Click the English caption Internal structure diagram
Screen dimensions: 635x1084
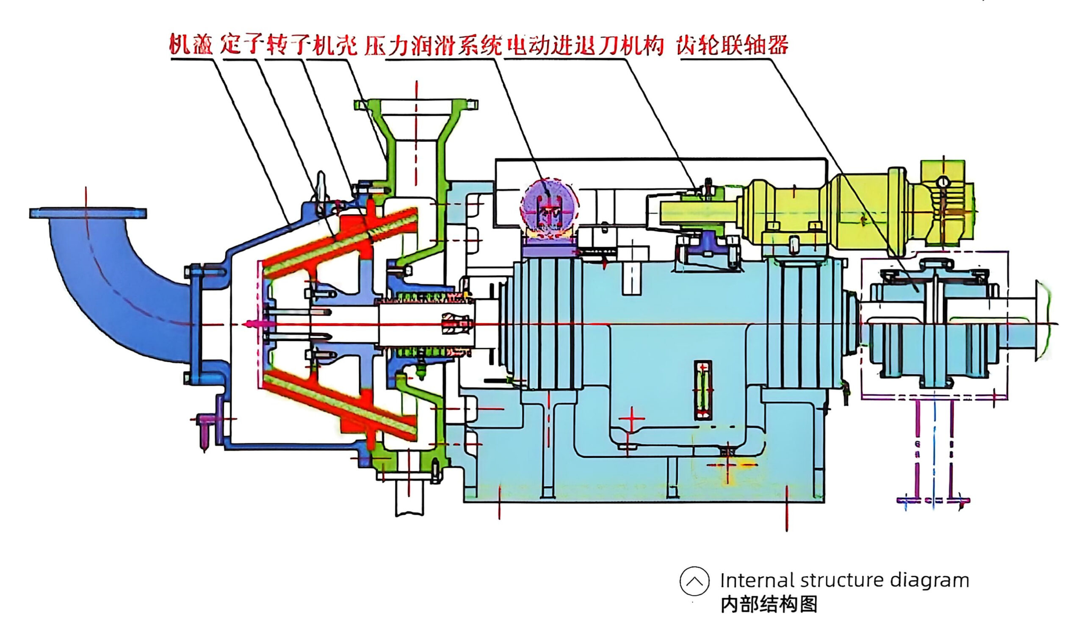point(844,581)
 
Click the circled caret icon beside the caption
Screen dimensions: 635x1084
point(694,581)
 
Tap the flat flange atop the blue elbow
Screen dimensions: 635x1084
point(88,213)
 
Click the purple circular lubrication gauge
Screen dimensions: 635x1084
point(549,206)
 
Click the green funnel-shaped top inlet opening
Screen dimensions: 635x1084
point(416,120)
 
